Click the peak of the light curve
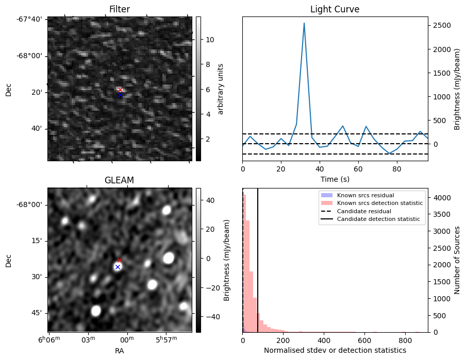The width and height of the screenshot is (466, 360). (304, 23)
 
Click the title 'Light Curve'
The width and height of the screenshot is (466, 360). (335, 9)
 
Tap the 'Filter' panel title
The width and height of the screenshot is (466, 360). (120, 9)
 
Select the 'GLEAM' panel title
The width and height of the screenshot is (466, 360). (120, 180)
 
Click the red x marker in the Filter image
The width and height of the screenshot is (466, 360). (121, 90)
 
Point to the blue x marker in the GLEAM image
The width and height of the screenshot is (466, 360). (118, 267)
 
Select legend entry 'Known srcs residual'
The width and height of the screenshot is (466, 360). (365, 195)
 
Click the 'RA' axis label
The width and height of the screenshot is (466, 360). (120, 351)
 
